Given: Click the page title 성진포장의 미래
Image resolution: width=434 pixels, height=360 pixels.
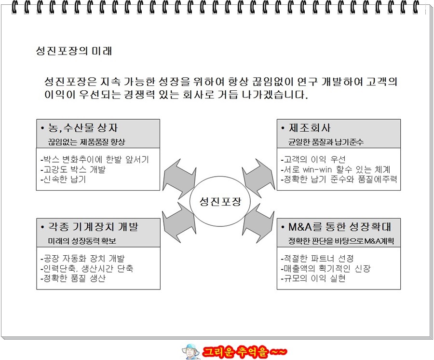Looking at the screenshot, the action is pos(74,51).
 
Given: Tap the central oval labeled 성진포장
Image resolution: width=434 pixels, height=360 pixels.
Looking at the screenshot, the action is pos(220,202).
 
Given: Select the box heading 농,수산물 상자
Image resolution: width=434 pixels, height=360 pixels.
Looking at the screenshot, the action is pos(80,128).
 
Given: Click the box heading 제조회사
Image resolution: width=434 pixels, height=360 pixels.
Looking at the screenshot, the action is pos(306,128).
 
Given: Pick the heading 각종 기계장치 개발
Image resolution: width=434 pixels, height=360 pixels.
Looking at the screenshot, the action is pos(89,227).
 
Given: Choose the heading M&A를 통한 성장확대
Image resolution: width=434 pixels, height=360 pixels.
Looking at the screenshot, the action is pos(336,227).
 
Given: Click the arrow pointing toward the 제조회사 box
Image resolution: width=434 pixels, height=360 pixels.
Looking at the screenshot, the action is pos(258,178).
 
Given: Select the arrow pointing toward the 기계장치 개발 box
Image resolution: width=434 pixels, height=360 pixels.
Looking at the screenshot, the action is pos(179,222).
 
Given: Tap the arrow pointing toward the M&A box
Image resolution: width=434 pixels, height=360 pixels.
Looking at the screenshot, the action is pos(258,223).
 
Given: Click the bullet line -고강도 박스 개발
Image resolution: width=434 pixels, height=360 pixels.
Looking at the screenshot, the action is pos(73,169).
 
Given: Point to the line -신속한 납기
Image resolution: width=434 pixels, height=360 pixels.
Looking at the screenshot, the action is pos(63,179).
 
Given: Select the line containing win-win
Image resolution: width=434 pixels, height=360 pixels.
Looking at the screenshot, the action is pos(336,169).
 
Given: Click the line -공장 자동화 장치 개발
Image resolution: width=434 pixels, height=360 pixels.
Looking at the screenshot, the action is pos(82,258).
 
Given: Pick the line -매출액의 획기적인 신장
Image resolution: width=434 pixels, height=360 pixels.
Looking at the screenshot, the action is pos(325,268).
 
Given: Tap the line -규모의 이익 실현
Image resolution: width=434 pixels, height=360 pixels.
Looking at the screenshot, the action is pos(313,278).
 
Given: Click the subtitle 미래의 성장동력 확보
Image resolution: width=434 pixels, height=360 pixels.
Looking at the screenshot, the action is pos(82,241).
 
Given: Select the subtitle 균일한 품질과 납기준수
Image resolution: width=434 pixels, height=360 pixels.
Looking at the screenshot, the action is pos(326,142).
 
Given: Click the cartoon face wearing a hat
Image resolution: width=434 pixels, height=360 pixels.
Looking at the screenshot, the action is pos(191,352).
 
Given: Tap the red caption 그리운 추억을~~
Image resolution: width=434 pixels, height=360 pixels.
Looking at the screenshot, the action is pos(244,352).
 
